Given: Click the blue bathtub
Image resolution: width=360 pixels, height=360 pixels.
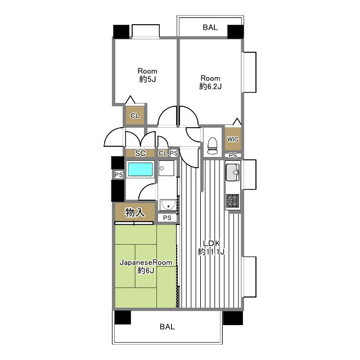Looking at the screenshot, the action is pyautogui.click(x=141, y=169).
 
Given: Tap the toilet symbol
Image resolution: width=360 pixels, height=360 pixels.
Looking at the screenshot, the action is pyautogui.click(x=212, y=146).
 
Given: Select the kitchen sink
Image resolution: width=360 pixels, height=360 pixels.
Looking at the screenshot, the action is pyautogui.click(x=233, y=172).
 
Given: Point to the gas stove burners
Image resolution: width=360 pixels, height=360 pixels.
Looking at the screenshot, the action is pyautogui.click(x=233, y=200).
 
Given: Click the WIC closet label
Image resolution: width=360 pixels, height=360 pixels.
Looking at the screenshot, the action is pyautogui.click(x=232, y=139).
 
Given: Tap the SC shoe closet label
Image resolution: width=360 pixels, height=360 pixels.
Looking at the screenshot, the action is pyautogui.click(x=140, y=153).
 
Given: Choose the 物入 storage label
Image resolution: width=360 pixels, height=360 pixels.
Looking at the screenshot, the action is pyautogui.click(x=135, y=213).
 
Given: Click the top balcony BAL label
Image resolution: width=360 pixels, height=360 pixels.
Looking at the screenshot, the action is pyautogui.click(x=210, y=28).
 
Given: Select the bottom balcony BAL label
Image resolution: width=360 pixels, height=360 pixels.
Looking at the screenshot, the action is pyautogui.click(x=167, y=326).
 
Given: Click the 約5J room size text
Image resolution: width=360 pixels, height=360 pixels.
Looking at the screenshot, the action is pyautogui.click(x=147, y=79).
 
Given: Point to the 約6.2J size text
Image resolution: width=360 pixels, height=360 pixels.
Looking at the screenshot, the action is pyautogui.click(x=210, y=87).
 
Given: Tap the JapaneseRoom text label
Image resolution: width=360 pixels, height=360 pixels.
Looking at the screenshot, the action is pyautogui.click(x=146, y=263).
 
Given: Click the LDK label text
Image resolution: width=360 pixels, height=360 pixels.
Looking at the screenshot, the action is pyautogui.click(x=211, y=243).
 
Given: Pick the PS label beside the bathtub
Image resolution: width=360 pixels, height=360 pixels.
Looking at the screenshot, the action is pyautogui.click(x=119, y=175).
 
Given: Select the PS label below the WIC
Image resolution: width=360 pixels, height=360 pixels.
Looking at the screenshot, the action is pyautogui.click(x=232, y=155).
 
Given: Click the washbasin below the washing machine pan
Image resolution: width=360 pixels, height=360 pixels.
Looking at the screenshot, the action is pyautogui.click(x=168, y=205).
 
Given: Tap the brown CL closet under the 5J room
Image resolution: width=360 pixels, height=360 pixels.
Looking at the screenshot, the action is pyautogui.click(x=135, y=115).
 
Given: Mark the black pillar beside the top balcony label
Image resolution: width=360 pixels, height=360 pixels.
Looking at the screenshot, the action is pyautogui.click(x=235, y=31).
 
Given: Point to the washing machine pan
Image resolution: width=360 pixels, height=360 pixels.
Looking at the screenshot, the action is pyautogui.click(x=166, y=168).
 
